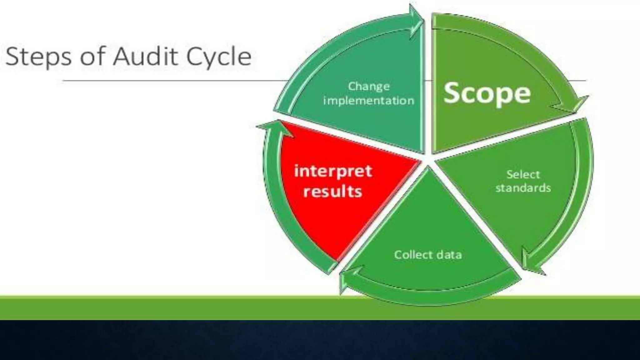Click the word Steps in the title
point(38,57)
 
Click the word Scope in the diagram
point(487,93)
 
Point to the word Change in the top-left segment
point(369,87)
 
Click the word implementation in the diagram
point(369,101)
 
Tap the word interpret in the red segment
point(333,171)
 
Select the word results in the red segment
point(332,191)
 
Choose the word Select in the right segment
point(523,174)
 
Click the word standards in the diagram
point(523,188)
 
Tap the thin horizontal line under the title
point(172,81)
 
